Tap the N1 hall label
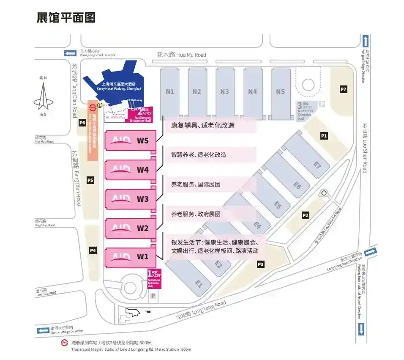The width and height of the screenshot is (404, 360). coord(170,91)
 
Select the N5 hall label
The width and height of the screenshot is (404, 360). coord(281,91)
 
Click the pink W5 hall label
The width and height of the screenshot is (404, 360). coord(143,141)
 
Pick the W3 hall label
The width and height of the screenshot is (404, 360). coord(143,199)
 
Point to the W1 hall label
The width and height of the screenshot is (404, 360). coord(143,256)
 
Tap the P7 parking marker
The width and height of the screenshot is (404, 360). coord(344,89)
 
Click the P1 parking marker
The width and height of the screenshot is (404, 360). coord(324,136)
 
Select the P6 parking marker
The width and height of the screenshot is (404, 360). coord(82,123)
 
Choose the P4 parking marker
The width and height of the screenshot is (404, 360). coord(93,251)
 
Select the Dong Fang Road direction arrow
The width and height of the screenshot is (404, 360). coord(70,53)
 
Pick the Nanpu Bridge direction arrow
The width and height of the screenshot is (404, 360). coord(43,330)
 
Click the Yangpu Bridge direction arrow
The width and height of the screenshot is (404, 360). coord(366,41)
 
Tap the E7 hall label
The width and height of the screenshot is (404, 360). coord(317,164)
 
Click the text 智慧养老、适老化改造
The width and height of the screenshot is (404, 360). coord(199,155)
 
